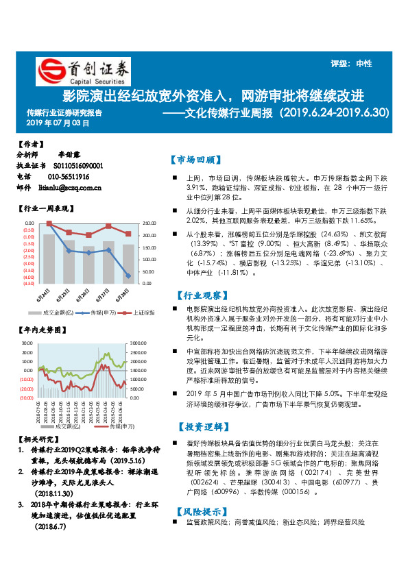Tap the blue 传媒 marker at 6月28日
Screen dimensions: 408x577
pyautogui.click(x=128, y=275)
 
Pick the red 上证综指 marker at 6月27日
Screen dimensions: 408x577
pyautogui.click(x=108, y=226)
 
